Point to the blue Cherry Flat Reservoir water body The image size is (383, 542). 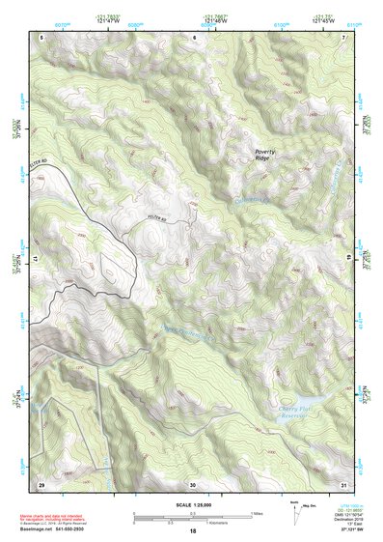(308, 398)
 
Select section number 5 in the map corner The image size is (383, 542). (41, 37)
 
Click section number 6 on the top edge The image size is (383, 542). (193, 37)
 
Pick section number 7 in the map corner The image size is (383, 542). (343, 37)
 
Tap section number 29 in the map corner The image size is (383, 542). (41, 483)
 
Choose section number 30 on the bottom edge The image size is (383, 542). (193, 483)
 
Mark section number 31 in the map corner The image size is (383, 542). (343, 483)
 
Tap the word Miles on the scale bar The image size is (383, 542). (257, 513)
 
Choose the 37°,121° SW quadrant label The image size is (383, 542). (342, 531)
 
